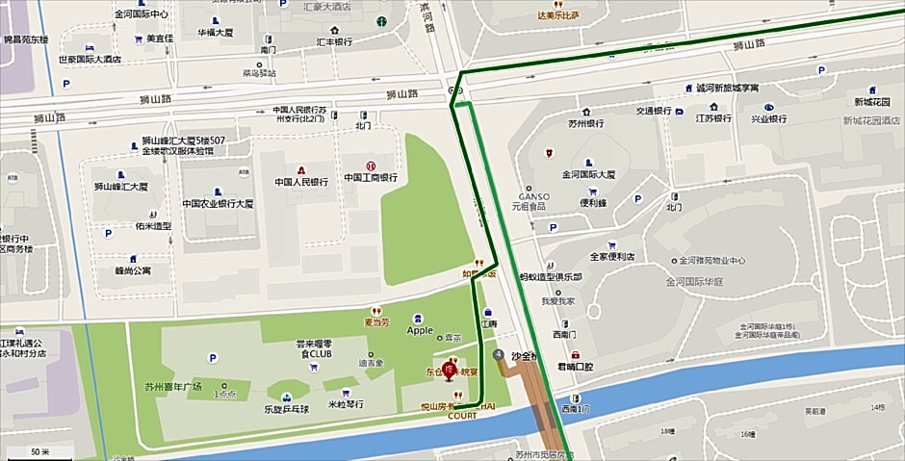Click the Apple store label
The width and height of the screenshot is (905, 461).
(420, 330)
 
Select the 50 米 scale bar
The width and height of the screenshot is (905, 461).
(40, 451)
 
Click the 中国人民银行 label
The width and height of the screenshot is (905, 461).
(301, 182)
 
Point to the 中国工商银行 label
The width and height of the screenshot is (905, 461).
(371, 178)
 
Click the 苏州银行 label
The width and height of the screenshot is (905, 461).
(585, 124)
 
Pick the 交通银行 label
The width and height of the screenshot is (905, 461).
(652, 111)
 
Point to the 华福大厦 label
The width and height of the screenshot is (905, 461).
(218, 32)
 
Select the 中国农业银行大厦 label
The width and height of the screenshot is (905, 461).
(218, 204)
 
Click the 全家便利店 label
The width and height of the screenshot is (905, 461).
(611, 257)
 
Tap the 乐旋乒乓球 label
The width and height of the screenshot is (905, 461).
(286, 409)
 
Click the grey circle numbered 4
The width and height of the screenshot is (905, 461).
(498, 355)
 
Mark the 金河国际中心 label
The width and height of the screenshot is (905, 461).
(141, 14)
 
